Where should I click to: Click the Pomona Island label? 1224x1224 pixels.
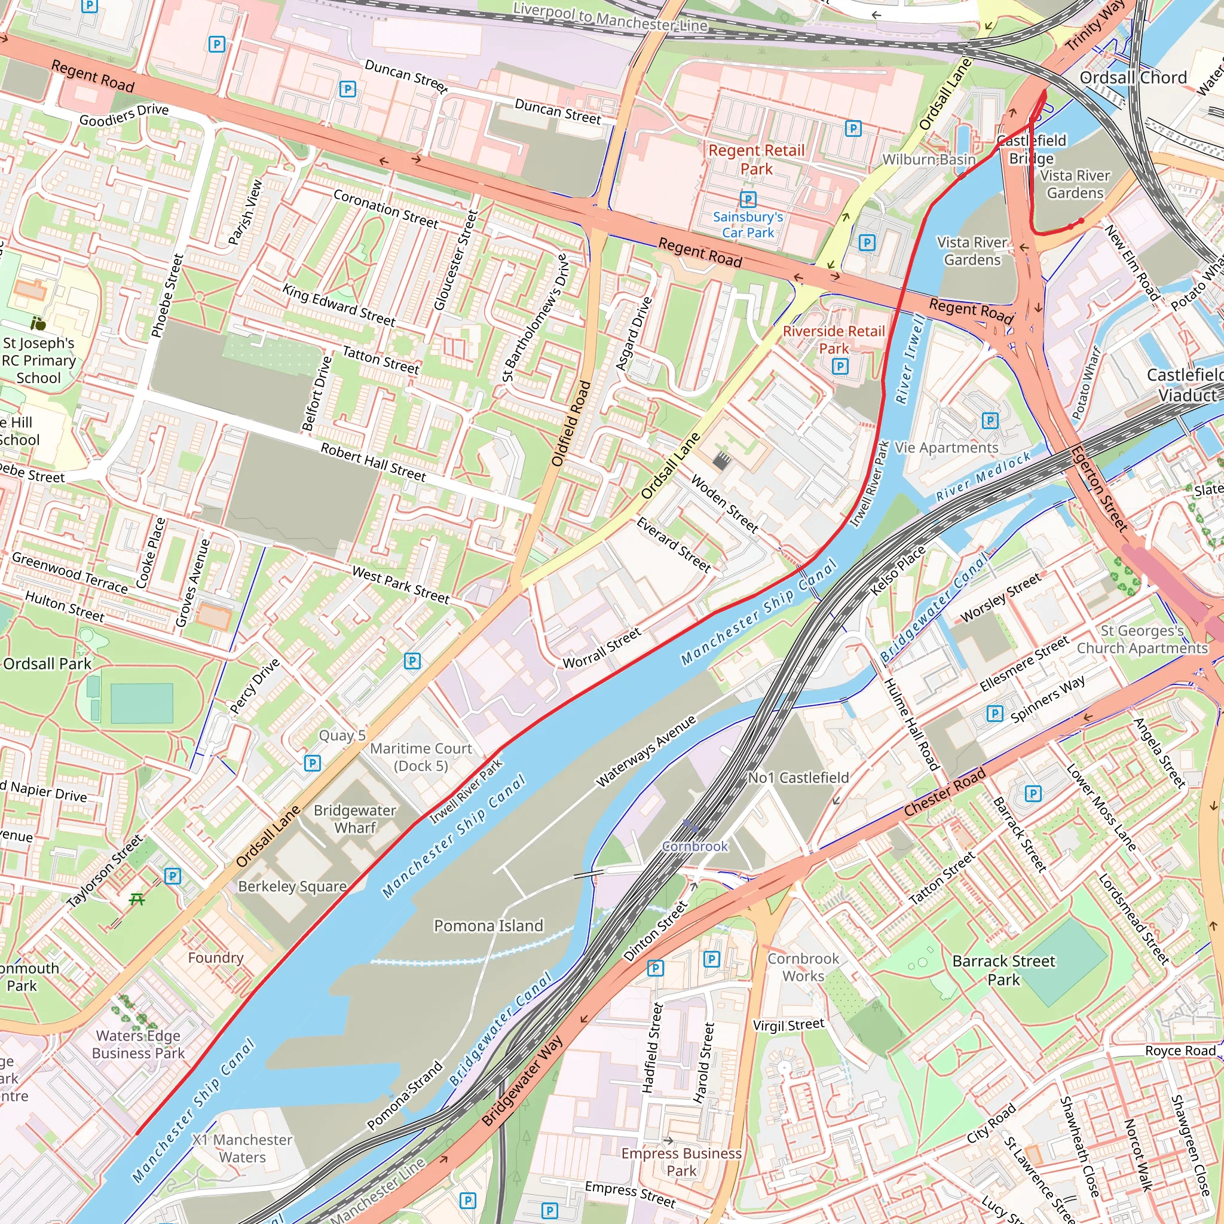coord(488,926)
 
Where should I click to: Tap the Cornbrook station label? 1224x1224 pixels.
coord(695,846)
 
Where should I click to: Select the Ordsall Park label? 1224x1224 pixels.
coord(48,663)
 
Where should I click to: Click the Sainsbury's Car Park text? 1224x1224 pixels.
coord(748,224)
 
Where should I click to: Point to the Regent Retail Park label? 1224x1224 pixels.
coord(757,159)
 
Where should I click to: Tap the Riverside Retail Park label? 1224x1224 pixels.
coord(834,339)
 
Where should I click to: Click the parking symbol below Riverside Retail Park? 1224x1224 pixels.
coord(840,366)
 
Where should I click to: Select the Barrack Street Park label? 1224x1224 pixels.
coord(1003,970)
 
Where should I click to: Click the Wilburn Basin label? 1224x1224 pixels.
coord(929,159)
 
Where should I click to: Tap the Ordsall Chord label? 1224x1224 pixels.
coord(1133,77)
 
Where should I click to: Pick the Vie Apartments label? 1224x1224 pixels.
coord(947,448)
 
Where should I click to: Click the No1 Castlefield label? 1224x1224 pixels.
coord(798,778)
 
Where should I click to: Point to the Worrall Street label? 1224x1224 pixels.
coord(602,647)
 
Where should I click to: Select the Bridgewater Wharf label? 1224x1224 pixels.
coord(355,819)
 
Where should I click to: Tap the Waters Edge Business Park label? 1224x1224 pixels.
coord(138,1044)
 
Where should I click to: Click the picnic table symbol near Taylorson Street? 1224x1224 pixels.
coord(137,898)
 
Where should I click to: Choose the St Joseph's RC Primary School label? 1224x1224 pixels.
coord(39,360)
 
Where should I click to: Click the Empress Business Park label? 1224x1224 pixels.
coord(681,1161)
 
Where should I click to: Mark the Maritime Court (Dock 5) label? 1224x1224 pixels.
coord(421,757)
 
